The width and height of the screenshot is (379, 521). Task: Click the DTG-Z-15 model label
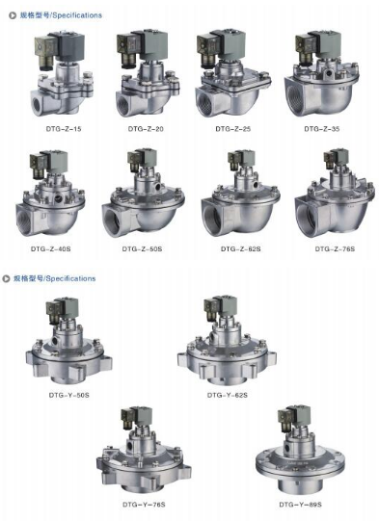pos(64,129)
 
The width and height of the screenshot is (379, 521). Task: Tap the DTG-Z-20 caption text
pos(146,129)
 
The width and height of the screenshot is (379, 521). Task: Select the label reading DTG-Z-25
pos(233,129)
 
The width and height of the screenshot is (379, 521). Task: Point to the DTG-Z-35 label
pos(322,129)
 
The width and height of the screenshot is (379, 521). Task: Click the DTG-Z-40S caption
pos(50,248)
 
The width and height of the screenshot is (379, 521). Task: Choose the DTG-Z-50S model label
pos(142,248)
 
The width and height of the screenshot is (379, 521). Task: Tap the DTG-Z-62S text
pos(240,248)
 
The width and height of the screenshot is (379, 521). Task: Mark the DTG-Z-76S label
pos(335,248)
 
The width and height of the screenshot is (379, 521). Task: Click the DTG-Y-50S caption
pos(68,395)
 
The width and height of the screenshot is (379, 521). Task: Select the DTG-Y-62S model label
pos(228,395)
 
